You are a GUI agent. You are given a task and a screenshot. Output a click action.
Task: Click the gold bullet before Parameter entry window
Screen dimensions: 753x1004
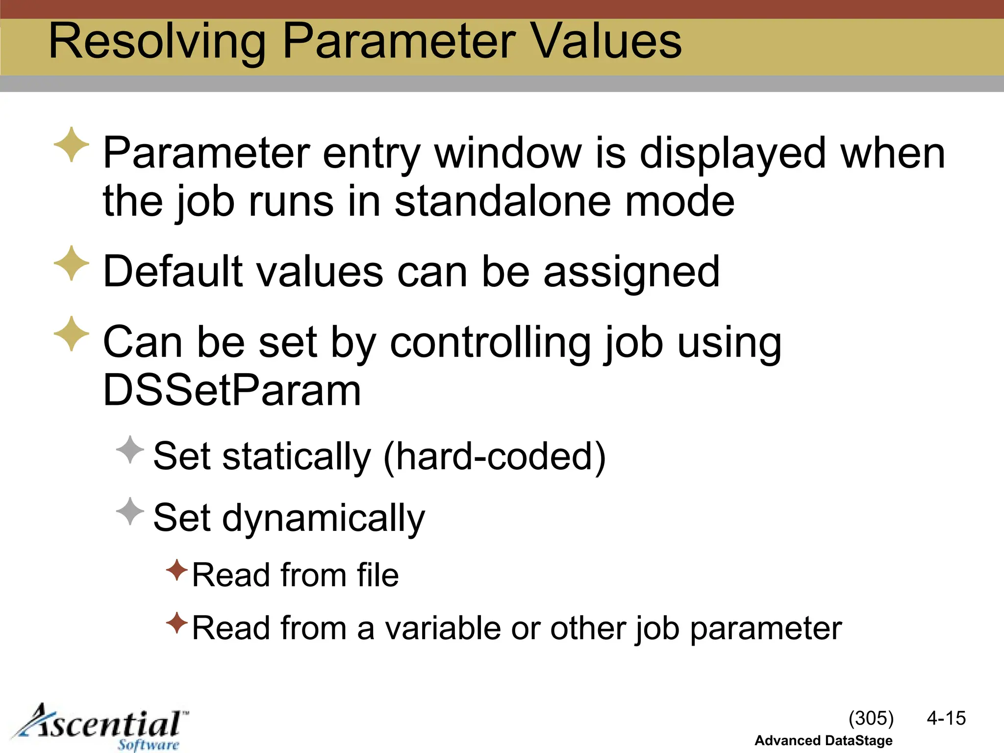(72, 144)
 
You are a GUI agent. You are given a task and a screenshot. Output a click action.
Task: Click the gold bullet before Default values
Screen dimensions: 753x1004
(72, 263)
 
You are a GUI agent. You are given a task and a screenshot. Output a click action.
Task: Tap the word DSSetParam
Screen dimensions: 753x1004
(232, 390)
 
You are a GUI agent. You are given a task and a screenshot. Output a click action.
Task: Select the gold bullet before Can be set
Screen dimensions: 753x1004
(72, 333)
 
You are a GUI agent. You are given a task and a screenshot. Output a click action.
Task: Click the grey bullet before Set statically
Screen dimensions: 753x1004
(130, 450)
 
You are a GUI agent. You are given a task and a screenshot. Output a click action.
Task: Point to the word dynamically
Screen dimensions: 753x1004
(324, 519)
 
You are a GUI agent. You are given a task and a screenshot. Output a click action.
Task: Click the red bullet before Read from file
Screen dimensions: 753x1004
(177, 570)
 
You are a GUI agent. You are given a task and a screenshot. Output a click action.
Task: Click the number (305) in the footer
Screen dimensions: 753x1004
(871, 718)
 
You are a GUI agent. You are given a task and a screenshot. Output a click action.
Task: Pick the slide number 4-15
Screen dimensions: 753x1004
(946, 718)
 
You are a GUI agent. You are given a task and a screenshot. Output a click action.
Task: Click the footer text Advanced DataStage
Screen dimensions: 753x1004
(823, 740)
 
